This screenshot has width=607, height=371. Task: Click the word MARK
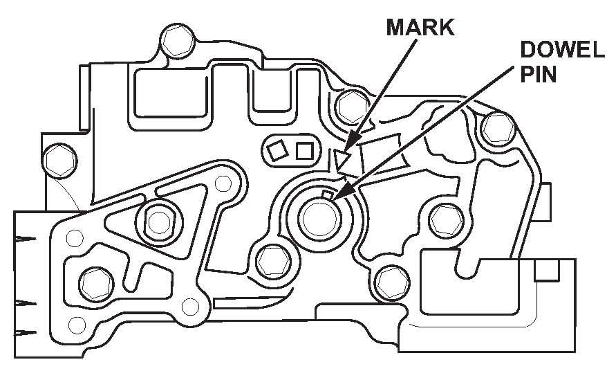click(x=420, y=27)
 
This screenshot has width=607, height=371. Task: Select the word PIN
click(x=538, y=74)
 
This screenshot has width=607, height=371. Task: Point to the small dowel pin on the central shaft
click(x=328, y=194)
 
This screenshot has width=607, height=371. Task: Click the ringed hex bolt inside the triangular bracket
click(x=159, y=221)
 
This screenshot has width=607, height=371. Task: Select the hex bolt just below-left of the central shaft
click(x=269, y=261)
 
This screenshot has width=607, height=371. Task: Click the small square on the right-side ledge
click(x=546, y=271)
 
